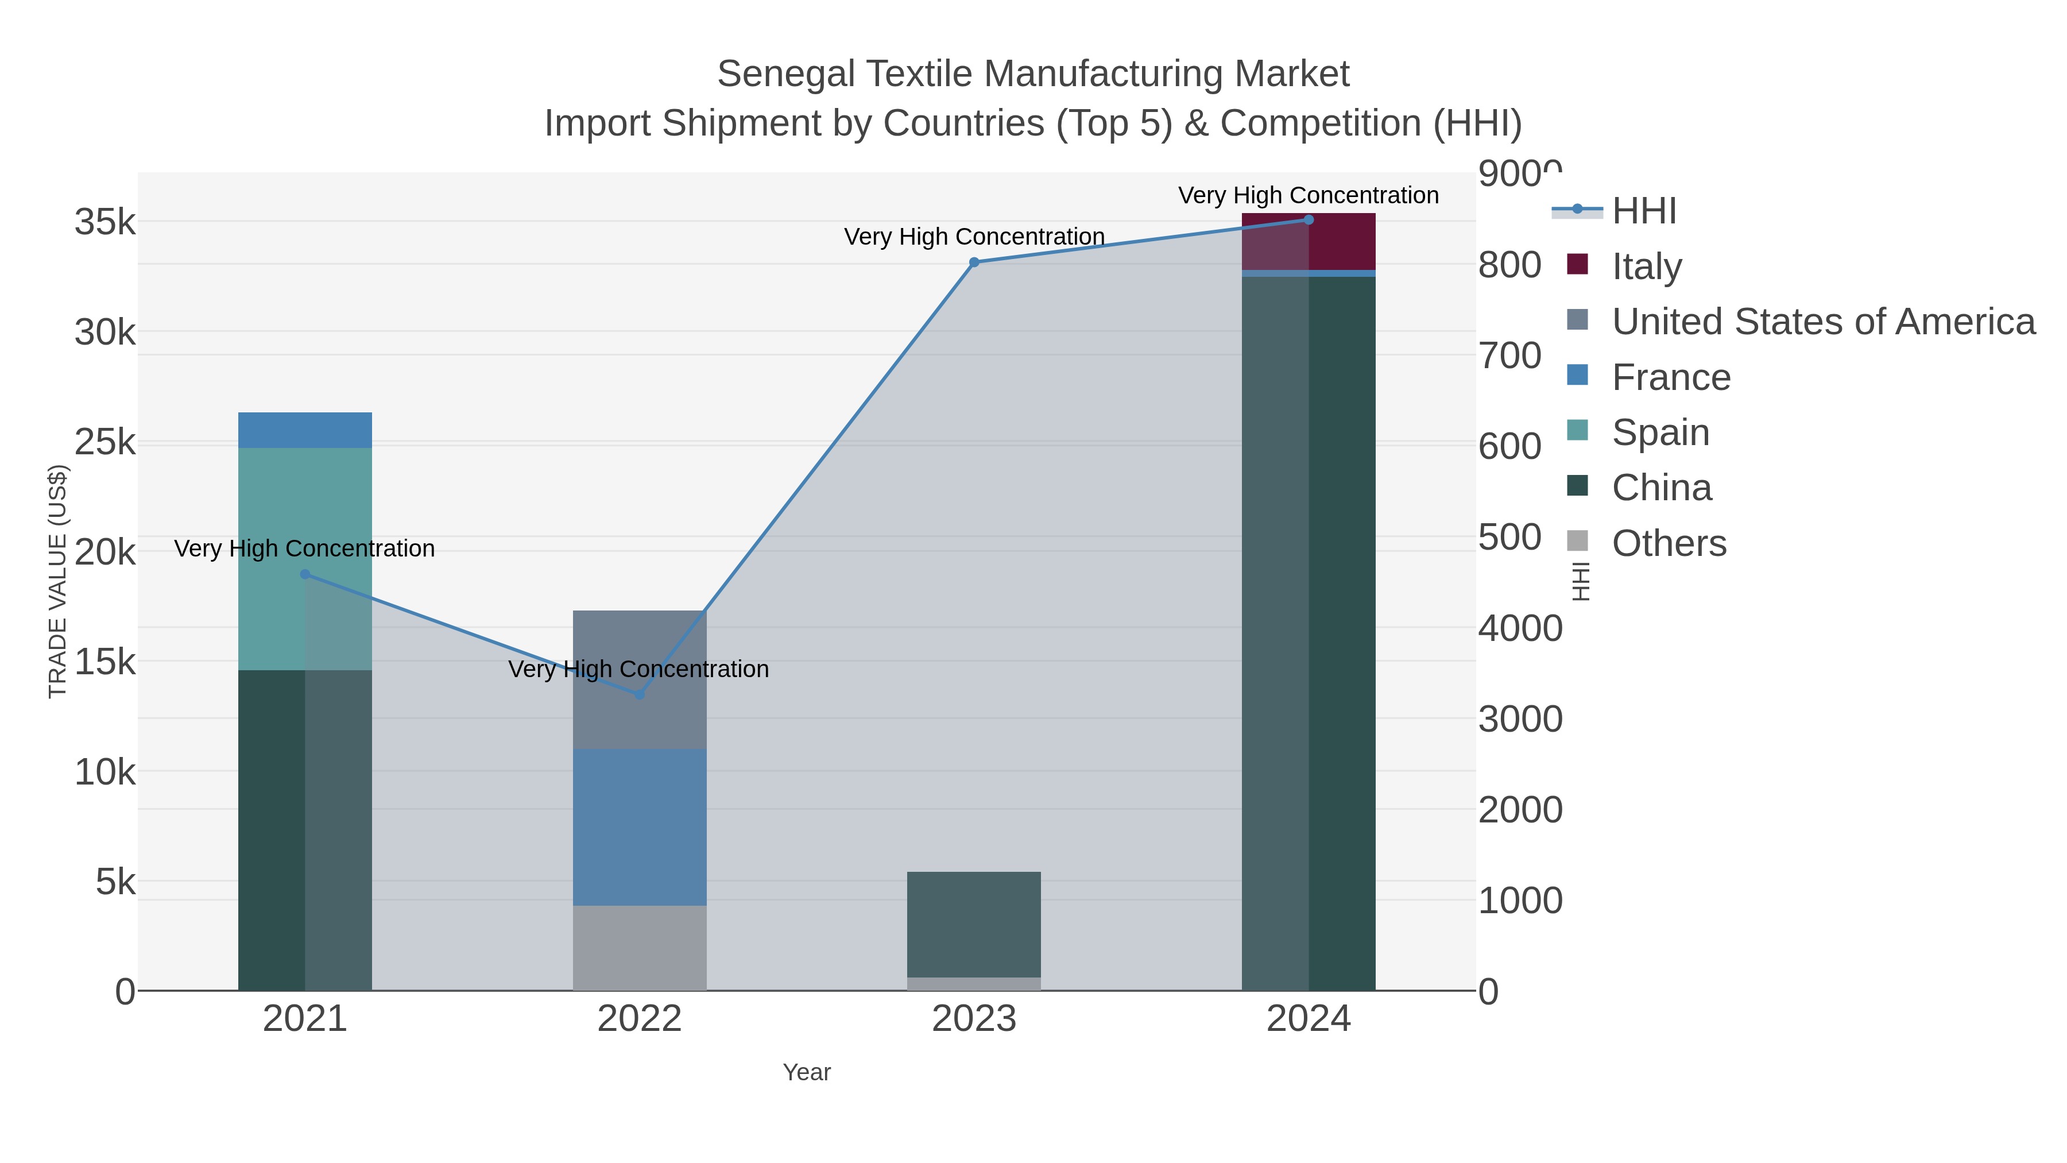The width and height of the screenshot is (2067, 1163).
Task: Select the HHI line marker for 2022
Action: tap(640, 694)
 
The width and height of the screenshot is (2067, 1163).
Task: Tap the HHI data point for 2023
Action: tap(974, 262)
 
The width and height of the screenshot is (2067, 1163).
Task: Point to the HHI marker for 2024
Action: tap(1309, 220)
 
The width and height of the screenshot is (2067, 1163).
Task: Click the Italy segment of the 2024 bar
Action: tap(1342, 241)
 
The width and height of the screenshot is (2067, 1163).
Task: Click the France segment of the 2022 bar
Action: tap(640, 826)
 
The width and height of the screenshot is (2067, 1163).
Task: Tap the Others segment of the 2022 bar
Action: tap(640, 947)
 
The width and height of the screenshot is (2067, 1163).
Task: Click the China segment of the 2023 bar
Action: tap(974, 923)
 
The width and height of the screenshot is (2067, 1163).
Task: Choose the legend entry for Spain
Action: tap(1659, 432)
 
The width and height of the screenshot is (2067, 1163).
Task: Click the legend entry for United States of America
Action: tap(1821, 322)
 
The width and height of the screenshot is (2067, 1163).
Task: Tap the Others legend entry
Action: tap(1667, 543)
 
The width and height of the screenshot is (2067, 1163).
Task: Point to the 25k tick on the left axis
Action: tap(104, 442)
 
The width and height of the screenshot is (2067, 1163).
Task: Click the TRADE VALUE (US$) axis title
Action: tap(58, 581)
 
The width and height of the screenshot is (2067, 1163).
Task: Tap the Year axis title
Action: tap(807, 1072)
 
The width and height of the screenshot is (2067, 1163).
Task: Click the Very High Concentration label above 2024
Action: tap(1308, 195)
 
